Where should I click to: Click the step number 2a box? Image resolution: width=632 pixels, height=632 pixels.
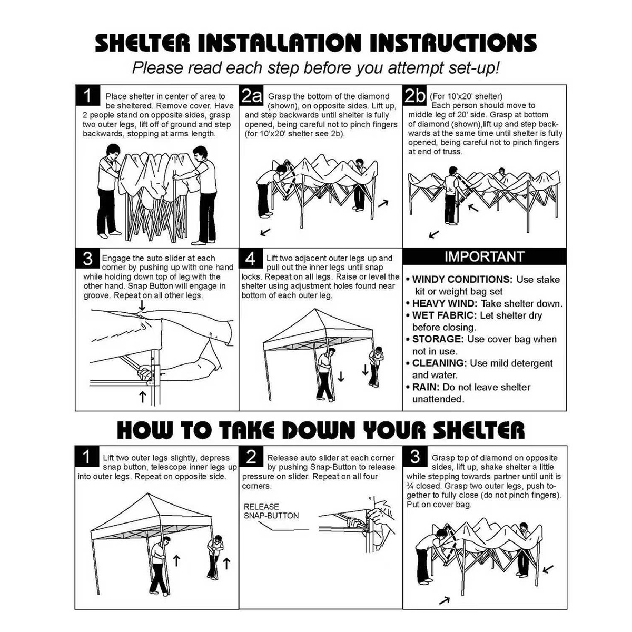(x=252, y=95)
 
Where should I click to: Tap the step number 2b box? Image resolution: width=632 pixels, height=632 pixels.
(x=415, y=95)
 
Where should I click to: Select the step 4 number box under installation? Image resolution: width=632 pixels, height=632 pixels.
(x=251, y=259)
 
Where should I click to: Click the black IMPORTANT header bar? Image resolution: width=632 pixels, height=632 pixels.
(x=484, y=256)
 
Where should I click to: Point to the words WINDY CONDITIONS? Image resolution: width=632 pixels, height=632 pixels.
(x=462, y=280)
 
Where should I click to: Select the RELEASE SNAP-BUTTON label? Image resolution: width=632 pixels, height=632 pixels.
(x=271, y=511)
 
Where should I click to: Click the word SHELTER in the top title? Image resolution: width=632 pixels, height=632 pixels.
(x=142, y=43)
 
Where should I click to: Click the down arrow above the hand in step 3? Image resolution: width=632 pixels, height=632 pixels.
(x=142, y=305)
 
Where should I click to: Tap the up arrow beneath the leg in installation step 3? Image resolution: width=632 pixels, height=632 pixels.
(x=142, y=397)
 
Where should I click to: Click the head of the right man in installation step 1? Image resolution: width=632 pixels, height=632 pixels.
(x=200, y=153)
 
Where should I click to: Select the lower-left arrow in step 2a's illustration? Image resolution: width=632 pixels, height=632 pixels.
(x=265, y=232)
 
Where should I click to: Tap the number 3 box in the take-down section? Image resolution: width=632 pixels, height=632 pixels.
(x=415, y=456)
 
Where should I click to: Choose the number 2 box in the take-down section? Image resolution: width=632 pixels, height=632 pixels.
(x=251, y=456)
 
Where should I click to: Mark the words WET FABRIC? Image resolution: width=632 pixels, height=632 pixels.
(x=445, y=315)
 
